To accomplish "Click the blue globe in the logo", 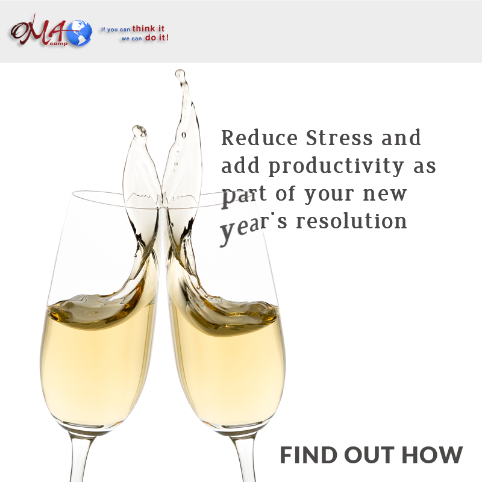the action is coord(80,33).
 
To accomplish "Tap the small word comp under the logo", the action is coord(58,43).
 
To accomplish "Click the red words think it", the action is coord(148,28).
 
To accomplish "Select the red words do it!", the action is coord(157,38).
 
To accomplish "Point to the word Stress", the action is coord(339,138).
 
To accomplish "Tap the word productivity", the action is coord(336,166).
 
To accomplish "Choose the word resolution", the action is coord(352,221).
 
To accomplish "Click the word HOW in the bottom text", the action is coord(432,455).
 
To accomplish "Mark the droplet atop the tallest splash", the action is coord(180,74).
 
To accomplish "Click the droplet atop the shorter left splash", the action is coord(140,131).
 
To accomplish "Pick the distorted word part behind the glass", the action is coord(244,197).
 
